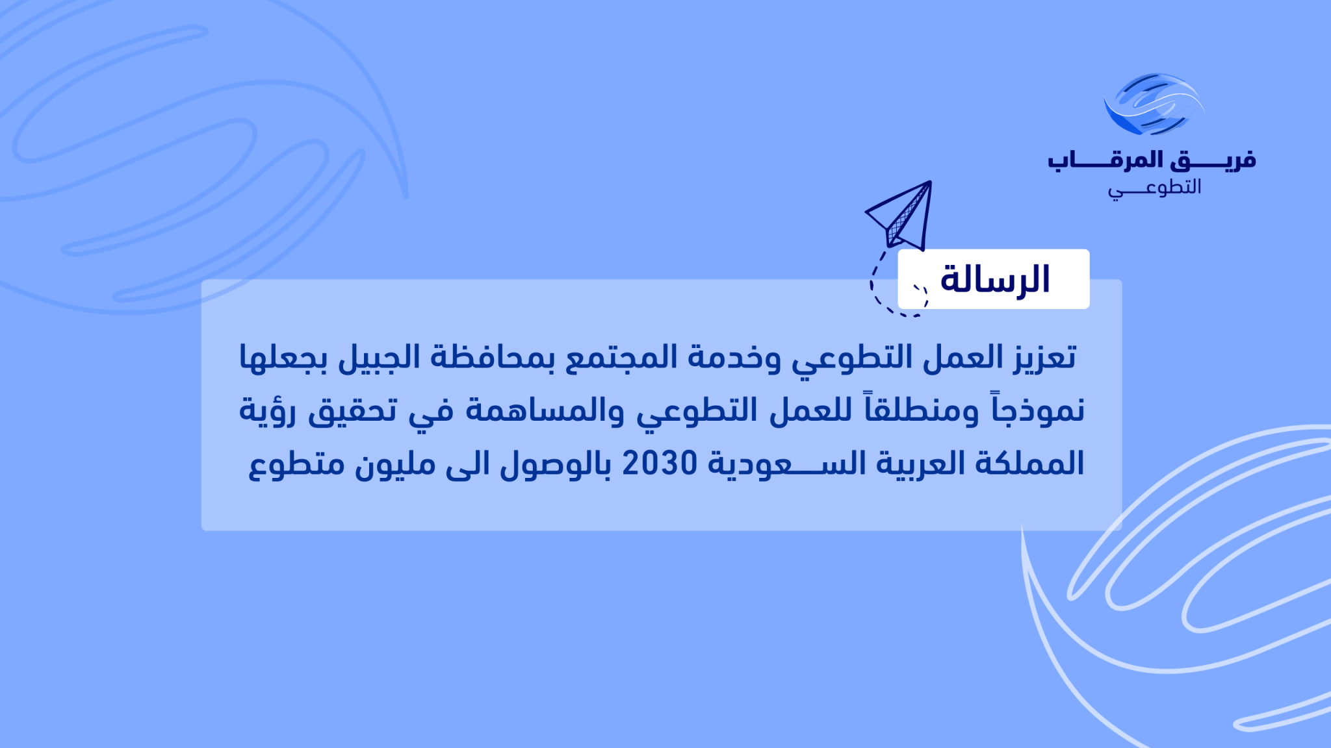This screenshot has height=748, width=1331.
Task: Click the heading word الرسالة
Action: point(995,279)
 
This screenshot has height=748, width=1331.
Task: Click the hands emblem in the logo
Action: point(1154,105)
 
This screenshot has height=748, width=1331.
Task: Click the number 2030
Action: point(660,464)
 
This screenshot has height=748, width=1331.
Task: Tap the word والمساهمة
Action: point(545,410)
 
